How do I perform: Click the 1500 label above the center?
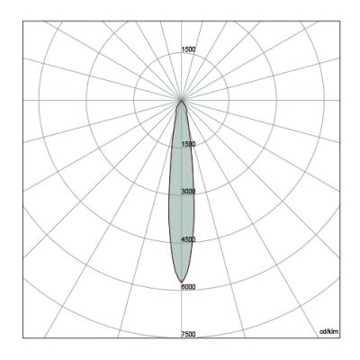coord(188,49)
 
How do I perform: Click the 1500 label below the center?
coord(188,144)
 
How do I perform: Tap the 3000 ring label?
coord(188,192)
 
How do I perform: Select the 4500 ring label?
coord(188,239)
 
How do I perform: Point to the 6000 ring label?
coord(188,287)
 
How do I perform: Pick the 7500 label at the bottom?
coord(188,334)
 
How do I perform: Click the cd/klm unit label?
coord(328,331)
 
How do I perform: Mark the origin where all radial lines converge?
coord(181,100)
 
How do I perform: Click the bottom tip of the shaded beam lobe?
coord(181,283)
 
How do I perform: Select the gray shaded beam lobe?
coord(181,192)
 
